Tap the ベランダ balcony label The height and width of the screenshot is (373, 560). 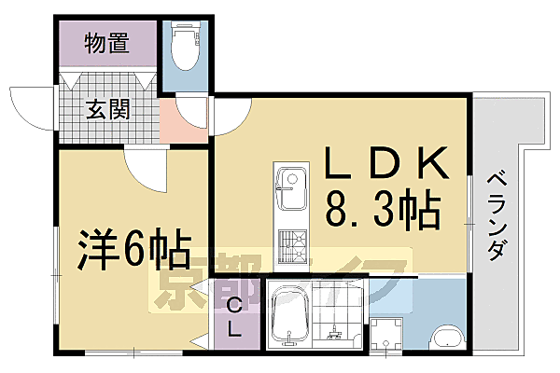[x=497, y=215]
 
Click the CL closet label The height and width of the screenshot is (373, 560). [x=233, y=318]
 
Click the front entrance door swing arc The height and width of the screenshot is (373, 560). [x=33, y=107]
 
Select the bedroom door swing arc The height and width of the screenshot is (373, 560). [x=145, y=168]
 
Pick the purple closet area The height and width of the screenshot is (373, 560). [x=231, y=318]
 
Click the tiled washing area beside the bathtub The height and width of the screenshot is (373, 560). [x=335, y=317]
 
